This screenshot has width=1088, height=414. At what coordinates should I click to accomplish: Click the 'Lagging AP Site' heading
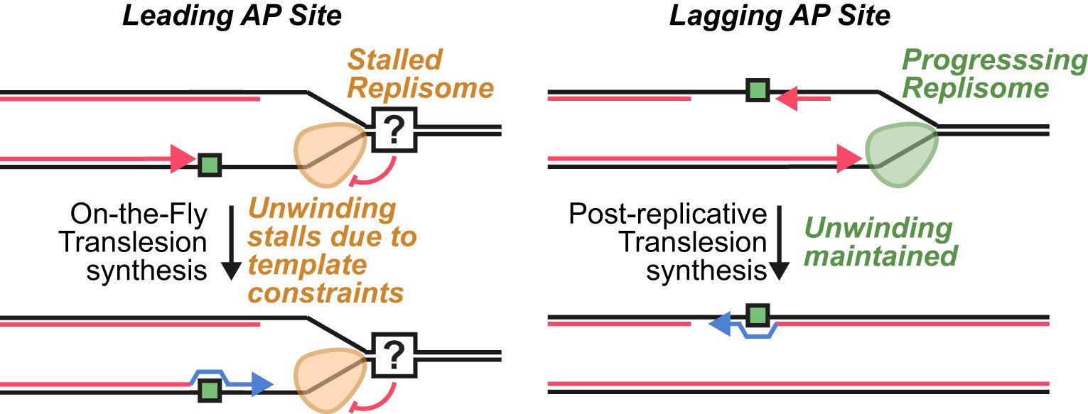[x=779, y=16]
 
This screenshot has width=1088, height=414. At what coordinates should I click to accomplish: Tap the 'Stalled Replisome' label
[x=433, y=75]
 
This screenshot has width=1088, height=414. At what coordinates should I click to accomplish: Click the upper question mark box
[x=394, y=131]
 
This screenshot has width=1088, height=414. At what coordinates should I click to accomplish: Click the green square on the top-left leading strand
[x=209, y=165]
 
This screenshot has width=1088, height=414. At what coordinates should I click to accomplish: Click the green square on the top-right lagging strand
[x=758, y=90]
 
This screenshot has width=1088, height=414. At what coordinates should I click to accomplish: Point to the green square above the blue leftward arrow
[x=758, y=314]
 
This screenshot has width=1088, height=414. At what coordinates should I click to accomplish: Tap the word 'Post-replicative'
[x=668, y=215]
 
